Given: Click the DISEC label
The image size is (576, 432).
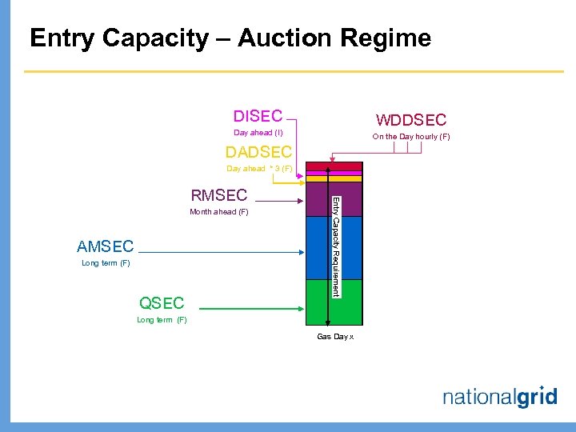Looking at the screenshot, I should [x=258, y=117].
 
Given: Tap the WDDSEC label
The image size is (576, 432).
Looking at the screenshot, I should [x=411, y=120].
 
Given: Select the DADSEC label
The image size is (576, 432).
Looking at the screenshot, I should [x=258, y=152].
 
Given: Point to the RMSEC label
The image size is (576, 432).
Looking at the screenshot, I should [x=218, y=195].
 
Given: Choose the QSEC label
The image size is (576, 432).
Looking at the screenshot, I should [x=162, y=302].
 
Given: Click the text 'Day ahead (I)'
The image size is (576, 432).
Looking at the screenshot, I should [x=258, y=133].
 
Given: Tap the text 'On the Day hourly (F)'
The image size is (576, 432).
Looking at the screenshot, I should [x=411, y=137].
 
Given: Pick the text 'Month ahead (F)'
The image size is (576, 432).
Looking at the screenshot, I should [x=218, y=212].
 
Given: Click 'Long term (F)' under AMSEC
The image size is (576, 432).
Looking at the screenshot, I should [x=106, y=263].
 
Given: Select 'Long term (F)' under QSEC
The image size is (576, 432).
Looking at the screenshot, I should [x=162, y=320].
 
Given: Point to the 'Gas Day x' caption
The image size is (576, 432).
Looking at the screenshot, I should [x=335, y=337].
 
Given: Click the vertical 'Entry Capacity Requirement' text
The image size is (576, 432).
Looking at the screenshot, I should [x=336, y=246].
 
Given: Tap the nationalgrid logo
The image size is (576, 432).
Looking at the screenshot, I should [x=499, y=397].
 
